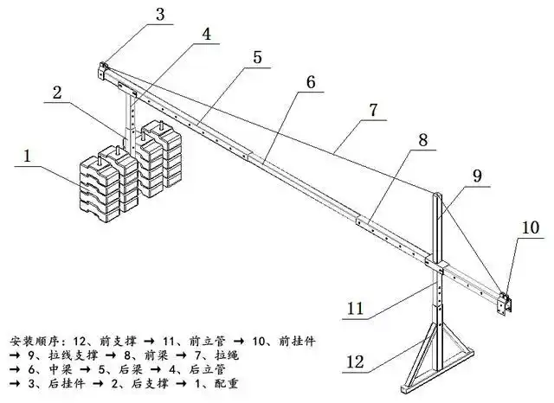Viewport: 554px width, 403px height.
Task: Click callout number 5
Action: click(257, 57)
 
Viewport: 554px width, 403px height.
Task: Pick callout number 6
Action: click(311, 84)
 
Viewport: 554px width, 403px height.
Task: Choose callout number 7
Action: click(372, 111)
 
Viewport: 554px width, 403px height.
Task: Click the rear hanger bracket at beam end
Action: click(104, 68)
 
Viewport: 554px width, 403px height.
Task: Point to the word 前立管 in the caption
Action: click(203, 341)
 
